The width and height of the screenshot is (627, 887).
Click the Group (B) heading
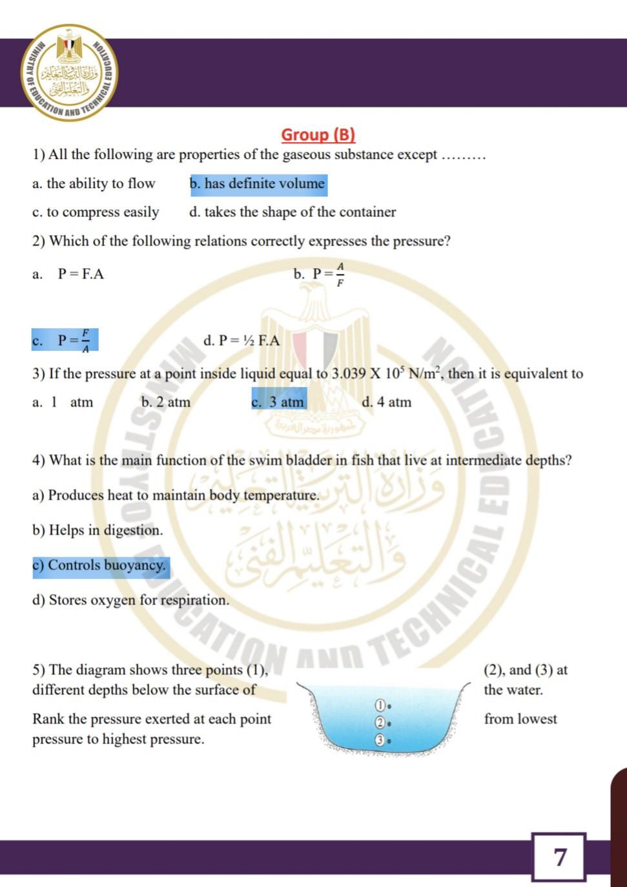(x=318, y=134)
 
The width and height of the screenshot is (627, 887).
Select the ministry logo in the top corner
(x=70, y=72)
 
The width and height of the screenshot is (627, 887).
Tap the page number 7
(x=559, y=857)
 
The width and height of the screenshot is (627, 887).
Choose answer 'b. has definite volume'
(x=258, y=184)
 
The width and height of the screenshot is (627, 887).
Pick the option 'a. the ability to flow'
(x=94, y=184)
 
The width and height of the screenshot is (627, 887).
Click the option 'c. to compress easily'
(x=96, y=213)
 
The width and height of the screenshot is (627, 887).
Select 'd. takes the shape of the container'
(x=293, y=213)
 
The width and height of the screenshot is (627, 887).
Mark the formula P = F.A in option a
(x=81, y=274)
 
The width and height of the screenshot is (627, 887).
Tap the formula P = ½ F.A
(x=249, y=340)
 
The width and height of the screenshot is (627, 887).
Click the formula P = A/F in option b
(x=329, y=274)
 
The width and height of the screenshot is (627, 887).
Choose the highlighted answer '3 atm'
(x=278, y=402)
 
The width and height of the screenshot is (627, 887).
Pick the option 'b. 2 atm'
(x=166, y=402)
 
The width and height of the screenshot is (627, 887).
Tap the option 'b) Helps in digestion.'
(x=98, y=530)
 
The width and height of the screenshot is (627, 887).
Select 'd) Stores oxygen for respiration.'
(x=131, y=600)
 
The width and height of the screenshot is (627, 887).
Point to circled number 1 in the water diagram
(x=380, y=704)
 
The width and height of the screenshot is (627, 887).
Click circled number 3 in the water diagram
(x=380, y=740)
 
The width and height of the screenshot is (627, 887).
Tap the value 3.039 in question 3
(x=349, y=373)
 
